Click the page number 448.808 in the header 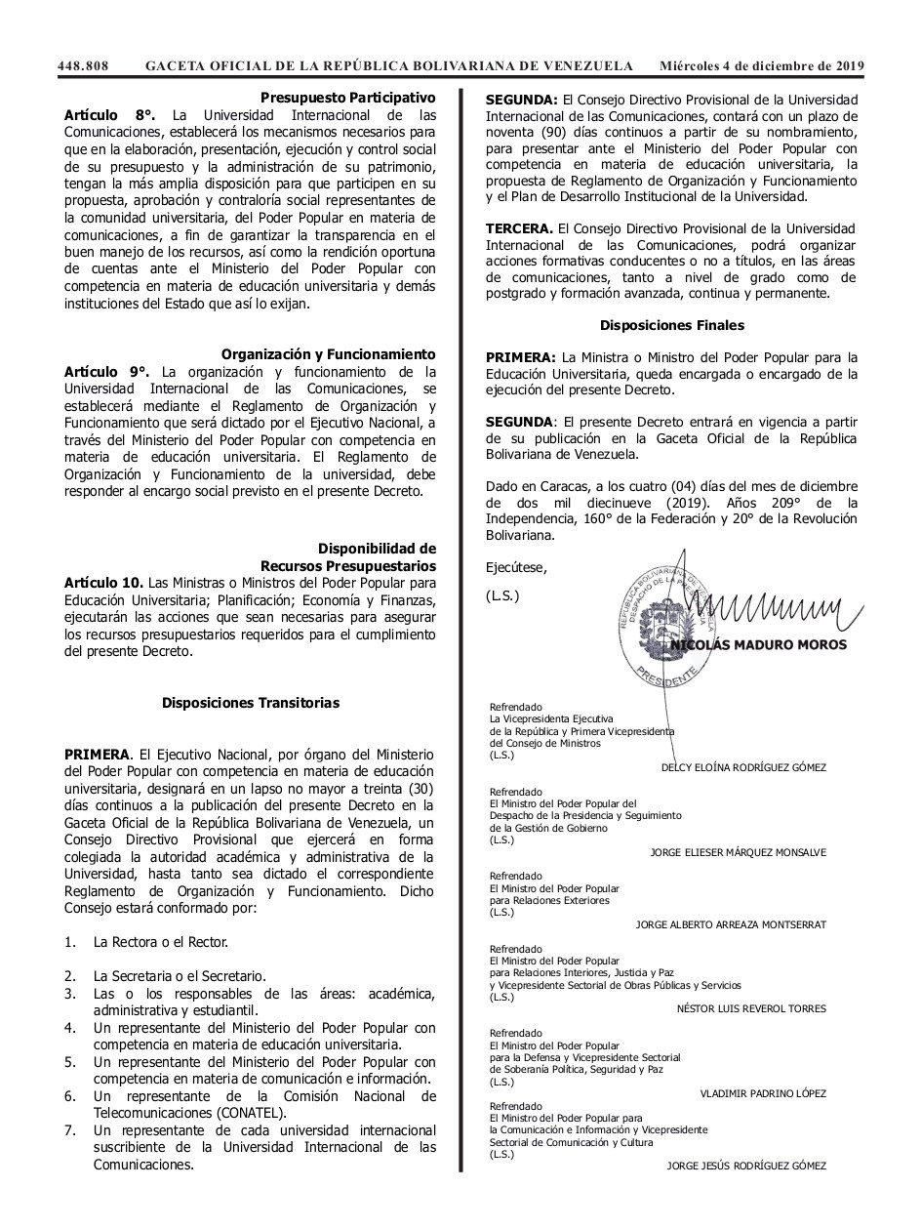tap(82, 65)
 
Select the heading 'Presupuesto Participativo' tap(347, 98)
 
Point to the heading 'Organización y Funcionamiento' tap(328, 354)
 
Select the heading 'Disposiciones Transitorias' tap(251, 702)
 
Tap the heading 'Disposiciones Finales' tap(671, 325)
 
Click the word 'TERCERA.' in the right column tap(519, 227)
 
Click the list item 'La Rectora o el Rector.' tap(161, 943)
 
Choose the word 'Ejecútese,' tap(516, 567)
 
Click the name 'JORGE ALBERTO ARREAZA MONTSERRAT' tap(729, 923)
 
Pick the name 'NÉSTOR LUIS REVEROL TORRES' tap(750, 1008)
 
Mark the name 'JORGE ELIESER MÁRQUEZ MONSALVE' tap(737, 852)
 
